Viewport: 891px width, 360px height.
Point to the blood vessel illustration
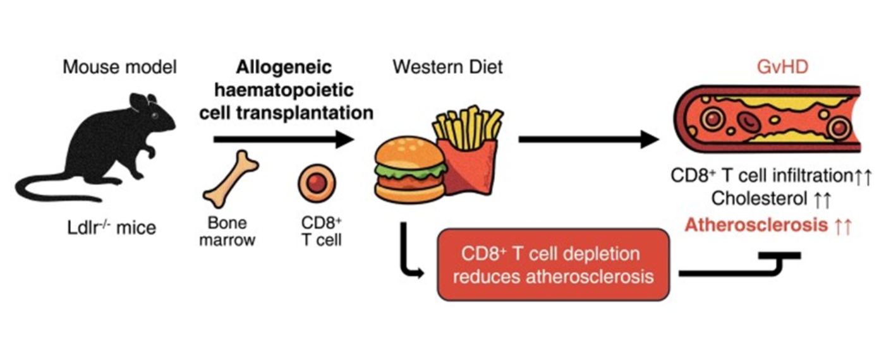pos(768,121)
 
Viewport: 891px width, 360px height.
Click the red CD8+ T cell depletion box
pos(553,265)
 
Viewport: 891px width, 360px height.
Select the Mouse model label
pos(119,67)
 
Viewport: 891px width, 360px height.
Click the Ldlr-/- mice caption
pos(119,227)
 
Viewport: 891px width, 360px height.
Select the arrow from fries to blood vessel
pos(588,139)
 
